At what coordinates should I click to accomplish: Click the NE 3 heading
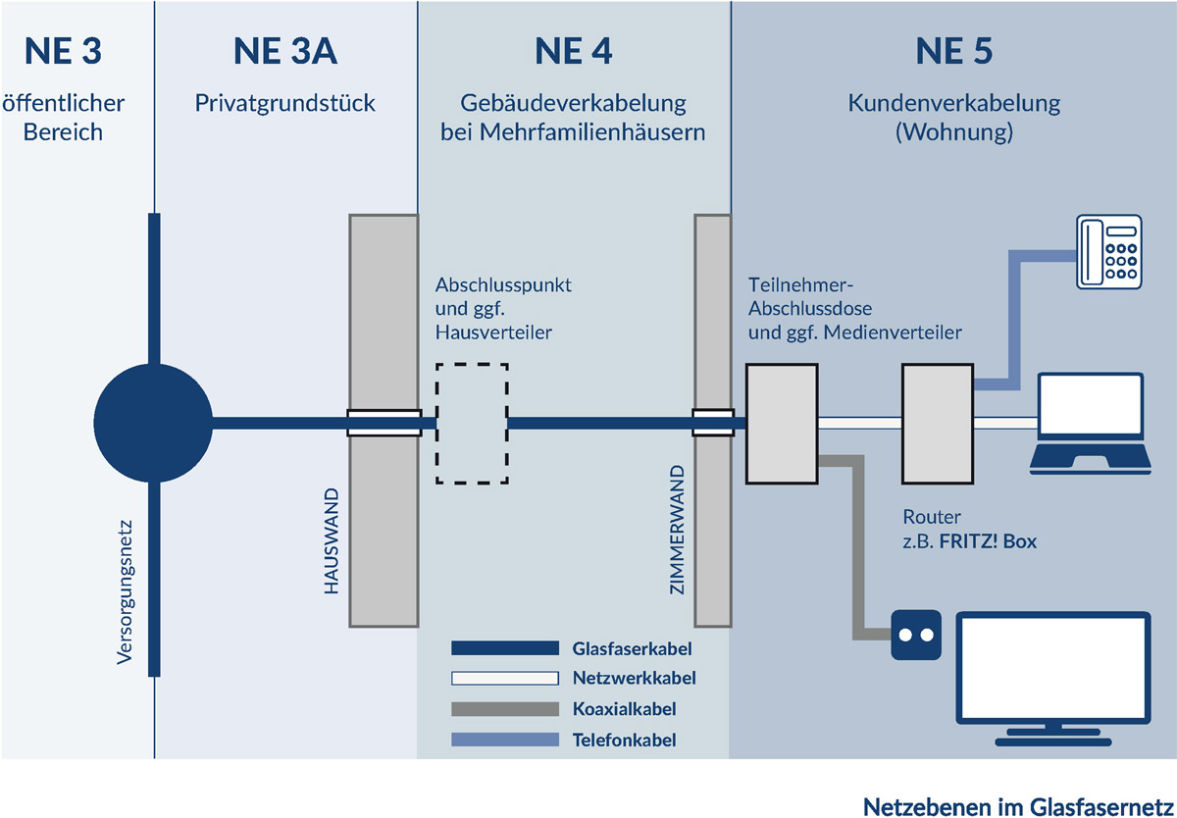point(64,51)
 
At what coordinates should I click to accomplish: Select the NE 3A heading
point(285,51)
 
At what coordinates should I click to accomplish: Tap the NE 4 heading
point(573,51)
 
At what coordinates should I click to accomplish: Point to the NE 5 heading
point(953,51)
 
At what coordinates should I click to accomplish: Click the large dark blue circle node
point(154,424)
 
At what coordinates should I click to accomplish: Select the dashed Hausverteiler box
point(472,424)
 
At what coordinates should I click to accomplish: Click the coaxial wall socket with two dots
point(916,635)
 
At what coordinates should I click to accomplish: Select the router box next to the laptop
point(937,424)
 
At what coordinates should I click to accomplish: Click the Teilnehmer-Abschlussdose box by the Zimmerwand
point(782,424)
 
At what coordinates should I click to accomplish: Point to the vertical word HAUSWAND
point(331,540)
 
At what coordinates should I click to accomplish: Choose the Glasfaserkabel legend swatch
point(505,648)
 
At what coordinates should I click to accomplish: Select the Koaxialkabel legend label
point(624,708)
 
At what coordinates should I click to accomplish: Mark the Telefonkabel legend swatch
point(505,740)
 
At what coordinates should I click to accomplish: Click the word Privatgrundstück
point(285,103)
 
